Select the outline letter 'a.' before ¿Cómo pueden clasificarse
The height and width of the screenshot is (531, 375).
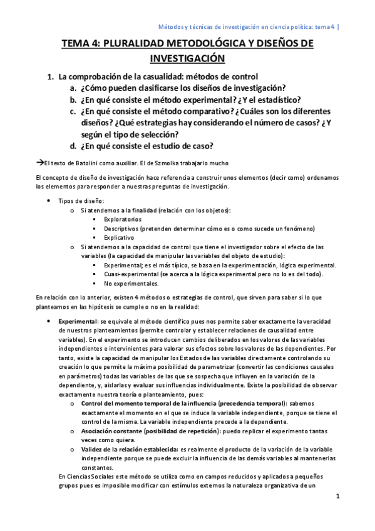pos(73,88)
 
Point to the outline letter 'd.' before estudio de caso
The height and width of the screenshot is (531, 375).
pos(73,147)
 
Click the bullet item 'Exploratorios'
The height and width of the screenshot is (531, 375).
pos(123,219)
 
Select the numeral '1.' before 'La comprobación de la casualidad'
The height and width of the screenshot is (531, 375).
pos(52,76)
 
